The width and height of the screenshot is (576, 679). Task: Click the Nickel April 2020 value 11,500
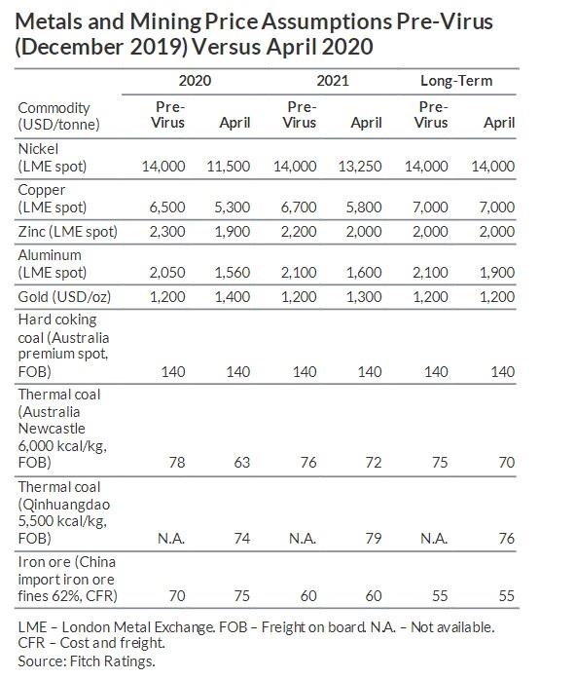click(x=229, y=167)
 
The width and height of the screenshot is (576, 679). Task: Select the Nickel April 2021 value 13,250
click(x=360, y=167)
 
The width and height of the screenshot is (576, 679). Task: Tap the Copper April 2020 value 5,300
click(x=233, y=207)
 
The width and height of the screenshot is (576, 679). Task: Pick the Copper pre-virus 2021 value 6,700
click(x=299, y=207)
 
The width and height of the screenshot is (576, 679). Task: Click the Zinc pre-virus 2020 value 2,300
click(x=167, y=232)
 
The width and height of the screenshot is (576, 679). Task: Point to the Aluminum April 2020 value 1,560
click(x=233, y=273)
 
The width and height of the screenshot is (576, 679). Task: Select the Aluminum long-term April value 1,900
click(x=497, y=273)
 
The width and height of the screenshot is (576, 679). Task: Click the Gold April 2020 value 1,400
click(x=233, y=297)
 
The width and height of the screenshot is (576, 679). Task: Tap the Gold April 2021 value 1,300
click(x=364, y=297)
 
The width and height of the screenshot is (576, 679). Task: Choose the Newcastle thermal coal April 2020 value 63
click(x=242, y=463)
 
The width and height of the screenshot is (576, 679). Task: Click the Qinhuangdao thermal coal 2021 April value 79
click(x=374, y=539)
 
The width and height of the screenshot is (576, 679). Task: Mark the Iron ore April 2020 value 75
click(x=242, y=596)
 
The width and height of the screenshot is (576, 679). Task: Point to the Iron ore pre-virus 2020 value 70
click(x=177, y=596)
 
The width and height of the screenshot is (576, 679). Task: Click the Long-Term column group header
click(x=456, y=81)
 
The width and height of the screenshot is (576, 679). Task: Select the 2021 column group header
click(x=333, y=81)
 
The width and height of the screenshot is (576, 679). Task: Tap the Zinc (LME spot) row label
click(x=68, y=232)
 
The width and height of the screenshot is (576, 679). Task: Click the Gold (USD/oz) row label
click(x=64, y=297)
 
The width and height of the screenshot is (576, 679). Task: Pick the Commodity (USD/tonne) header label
click(x=58, y=116)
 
